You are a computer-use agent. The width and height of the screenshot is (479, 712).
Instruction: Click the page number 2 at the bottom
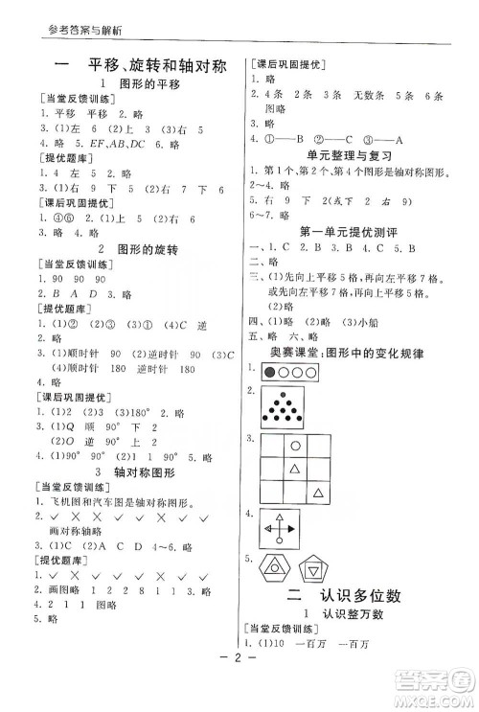point(239,688)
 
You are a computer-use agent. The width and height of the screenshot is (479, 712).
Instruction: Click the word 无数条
point(365,96)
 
